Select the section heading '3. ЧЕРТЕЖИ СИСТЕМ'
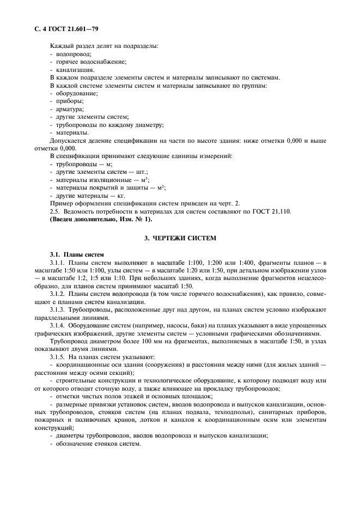[180, 239]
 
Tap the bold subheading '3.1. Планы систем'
[74, 255]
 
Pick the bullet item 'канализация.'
[74, 70]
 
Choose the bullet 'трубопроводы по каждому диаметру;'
[106, 125]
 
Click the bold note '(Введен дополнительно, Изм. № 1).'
[101, 219]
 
